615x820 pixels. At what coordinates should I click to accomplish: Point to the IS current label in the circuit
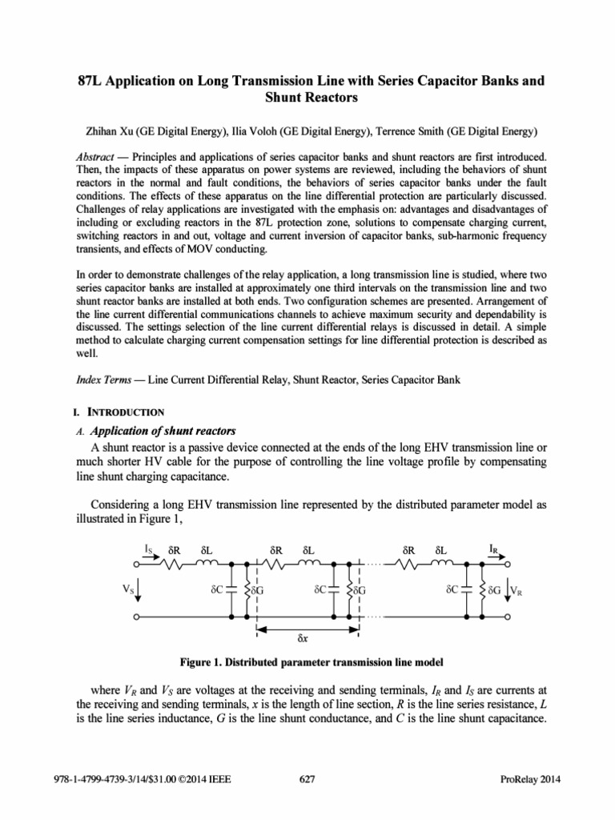click(x=149, y=549)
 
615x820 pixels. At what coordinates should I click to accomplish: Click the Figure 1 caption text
click(x=307, y=662)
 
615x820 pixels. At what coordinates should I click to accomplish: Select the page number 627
click(x=307, y=779)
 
